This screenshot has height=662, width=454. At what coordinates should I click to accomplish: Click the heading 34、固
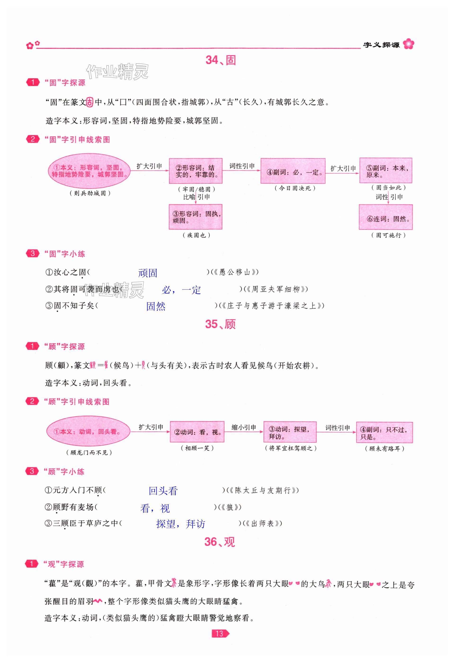pos(220,60)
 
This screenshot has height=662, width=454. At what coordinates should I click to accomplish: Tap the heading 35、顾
pos(220,324)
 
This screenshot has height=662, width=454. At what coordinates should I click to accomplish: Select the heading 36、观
pos(220,542)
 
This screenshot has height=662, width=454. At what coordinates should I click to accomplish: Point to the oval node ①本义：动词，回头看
pos(88,431)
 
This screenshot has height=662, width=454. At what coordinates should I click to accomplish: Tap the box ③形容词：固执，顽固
pos(195,217)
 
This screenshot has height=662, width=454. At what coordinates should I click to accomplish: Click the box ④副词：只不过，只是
pos(384,432)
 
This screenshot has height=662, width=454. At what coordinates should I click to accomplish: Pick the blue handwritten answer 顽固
pos(147,273)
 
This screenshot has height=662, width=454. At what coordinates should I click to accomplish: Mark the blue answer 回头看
pos(163,491)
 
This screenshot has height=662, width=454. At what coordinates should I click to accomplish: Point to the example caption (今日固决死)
pos(295,188)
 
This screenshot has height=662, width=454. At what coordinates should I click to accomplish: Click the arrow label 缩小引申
pos(244,427)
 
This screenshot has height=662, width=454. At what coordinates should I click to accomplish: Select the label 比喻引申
pos(196,197)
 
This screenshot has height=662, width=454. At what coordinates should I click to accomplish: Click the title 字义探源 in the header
pos(381,45)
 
